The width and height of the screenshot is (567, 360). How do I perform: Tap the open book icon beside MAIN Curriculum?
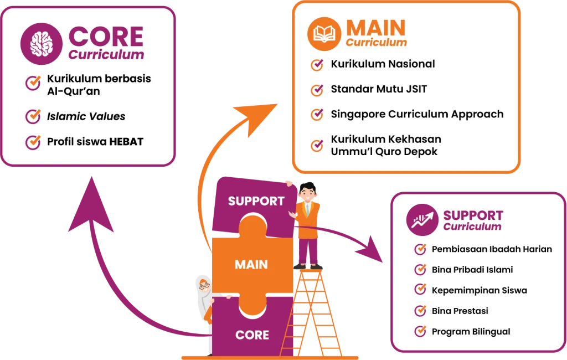coord(324,34)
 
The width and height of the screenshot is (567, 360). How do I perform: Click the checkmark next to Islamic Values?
coord(33,116)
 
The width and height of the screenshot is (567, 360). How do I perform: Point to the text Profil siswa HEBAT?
coord(95,142)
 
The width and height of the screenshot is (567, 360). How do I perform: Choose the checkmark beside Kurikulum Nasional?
coord(317,64)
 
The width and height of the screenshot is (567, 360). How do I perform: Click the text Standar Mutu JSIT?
coord(379,89)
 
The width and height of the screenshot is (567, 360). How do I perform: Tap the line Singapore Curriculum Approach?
coord(417,114)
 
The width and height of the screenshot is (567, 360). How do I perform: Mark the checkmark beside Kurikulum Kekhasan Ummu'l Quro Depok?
coord(317,145)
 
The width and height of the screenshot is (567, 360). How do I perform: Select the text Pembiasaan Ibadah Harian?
coord(492,249)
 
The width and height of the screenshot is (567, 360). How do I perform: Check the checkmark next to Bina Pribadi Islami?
coord(420,270)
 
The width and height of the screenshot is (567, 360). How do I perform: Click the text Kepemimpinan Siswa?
coord(479,290)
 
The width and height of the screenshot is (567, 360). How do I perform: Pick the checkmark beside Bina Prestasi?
coord(420,311)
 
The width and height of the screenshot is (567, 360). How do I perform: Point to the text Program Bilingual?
coord(471,332)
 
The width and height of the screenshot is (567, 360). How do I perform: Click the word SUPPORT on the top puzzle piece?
coord(256,201)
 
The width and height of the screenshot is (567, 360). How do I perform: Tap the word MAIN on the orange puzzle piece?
coord(251,264)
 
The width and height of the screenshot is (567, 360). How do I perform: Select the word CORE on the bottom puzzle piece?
coord(252,335)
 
